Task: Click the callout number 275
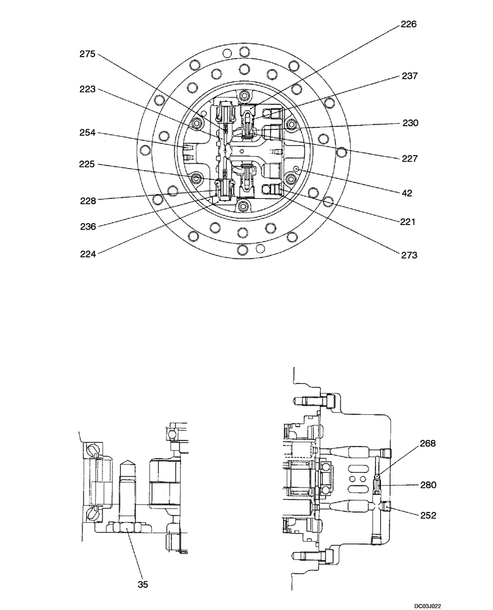click(x=88, y=54)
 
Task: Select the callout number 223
click(x=88, y=90)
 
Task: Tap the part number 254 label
click(x=88, y=133)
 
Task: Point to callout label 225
click(x=88, y=165)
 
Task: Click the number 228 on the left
click(x=88, y=200)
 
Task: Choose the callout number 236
click(x=88, y=226)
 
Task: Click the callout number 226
click(x=409, y=24)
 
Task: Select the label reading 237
click(x=409, y=76)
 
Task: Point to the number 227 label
click(x=409, y=158)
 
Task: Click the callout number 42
click(x=406, y=193)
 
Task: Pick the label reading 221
click(x=407, y=222)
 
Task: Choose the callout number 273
click(x=409, y=256)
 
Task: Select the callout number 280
click(x=427, y=485)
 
